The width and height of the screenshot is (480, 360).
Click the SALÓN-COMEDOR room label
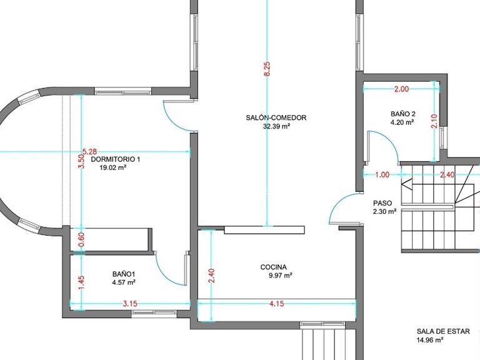pyautogui.click(x=276, y=117)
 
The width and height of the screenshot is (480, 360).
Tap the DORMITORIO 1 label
pyautogui.click(x=116, y=159)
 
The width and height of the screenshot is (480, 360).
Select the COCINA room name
pyautogui.click(x=274, y=267)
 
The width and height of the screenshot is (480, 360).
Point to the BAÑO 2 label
pyautogui.click(x=403, y=114)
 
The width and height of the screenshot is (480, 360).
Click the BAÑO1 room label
pyautogui.click(x=124, y=274)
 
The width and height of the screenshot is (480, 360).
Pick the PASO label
pyautogui.click(x=382, y=203)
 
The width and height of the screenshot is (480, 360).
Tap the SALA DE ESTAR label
pyautogui.click(x=443, y=331)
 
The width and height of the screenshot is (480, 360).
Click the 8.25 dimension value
pyautogui.click(x=267, y=69)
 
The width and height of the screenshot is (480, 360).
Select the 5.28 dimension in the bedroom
pyautogui.click(x=90, y=151)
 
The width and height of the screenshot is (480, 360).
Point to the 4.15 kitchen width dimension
pyautogui.click(x=277, y=304)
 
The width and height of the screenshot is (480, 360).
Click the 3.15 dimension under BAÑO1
pyautogui.click(x=130, y=304)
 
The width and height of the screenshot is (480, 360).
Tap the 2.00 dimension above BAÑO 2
pyautogui.click(x=401, y=89)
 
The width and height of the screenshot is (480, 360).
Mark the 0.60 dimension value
pyautogui.click(x=81, y=239)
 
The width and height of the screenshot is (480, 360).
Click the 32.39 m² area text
pyautogui.click(x=277, y=126)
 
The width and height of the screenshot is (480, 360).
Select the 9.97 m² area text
pyautogui.click(x=281, y=276)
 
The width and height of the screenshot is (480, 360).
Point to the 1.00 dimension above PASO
pyautogui.click(x=382, y=175)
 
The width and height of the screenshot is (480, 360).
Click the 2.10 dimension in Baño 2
pyautogui.click(x=434, y=121)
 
